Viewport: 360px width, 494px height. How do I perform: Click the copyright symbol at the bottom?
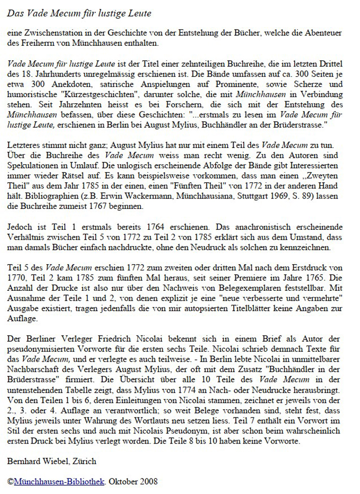(x=10, y=481)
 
